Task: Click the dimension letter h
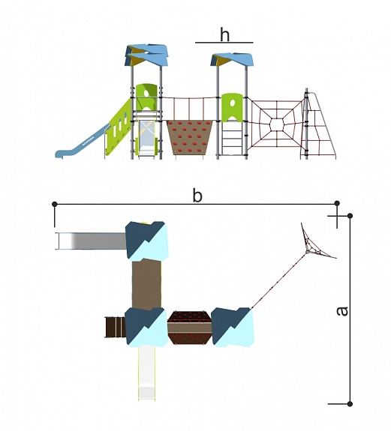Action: pyautogui.click(x=225, y=35)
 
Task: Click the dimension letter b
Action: pyautogui.click(x=197, y=196)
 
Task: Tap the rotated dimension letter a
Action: pyautogui.click(x=342, y=311)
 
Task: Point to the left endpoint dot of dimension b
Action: pyautogui.click(x=55, y=204)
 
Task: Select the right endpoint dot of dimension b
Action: pyautogui.click(x=337, y=203)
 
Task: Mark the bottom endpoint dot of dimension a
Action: pyautogui.click(x=350, y=404)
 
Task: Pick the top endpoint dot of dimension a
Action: pyautogui.click(x=350, y=216)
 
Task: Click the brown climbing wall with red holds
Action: pyautogui.click(x=190, y=137)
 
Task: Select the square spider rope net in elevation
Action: pyautogui.click(x=277, y=125)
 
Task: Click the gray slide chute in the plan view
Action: pyautogui.click(x=91, y=241)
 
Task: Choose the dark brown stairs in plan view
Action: pyautogui.click(x=116, y=327)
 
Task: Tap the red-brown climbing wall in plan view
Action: pyautogui.click(x=190, y=328)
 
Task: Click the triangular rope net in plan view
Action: pyautogui.click(x=317, y=244)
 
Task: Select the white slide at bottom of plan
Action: pyautogui.click(x=146, y=373)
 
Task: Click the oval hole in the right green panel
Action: pyautogui.click(x=233, y=103)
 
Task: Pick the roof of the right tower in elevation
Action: pyautogui.click(x=232, y=59)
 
